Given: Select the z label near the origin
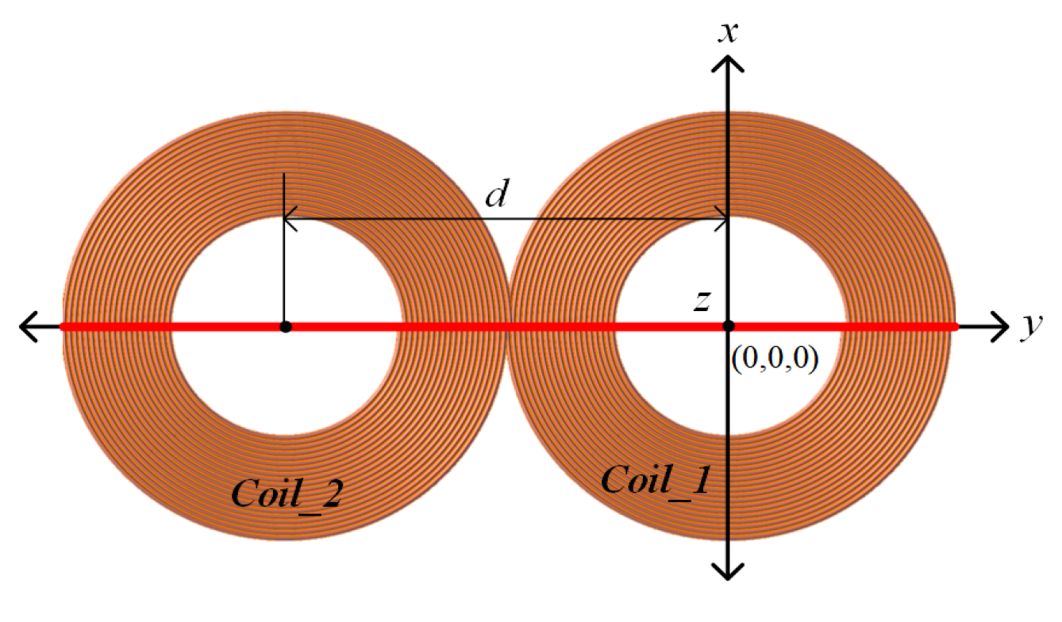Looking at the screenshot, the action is (701, 301).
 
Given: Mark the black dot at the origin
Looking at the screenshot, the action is (729, 326).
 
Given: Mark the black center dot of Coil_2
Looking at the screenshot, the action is (286, 326).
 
